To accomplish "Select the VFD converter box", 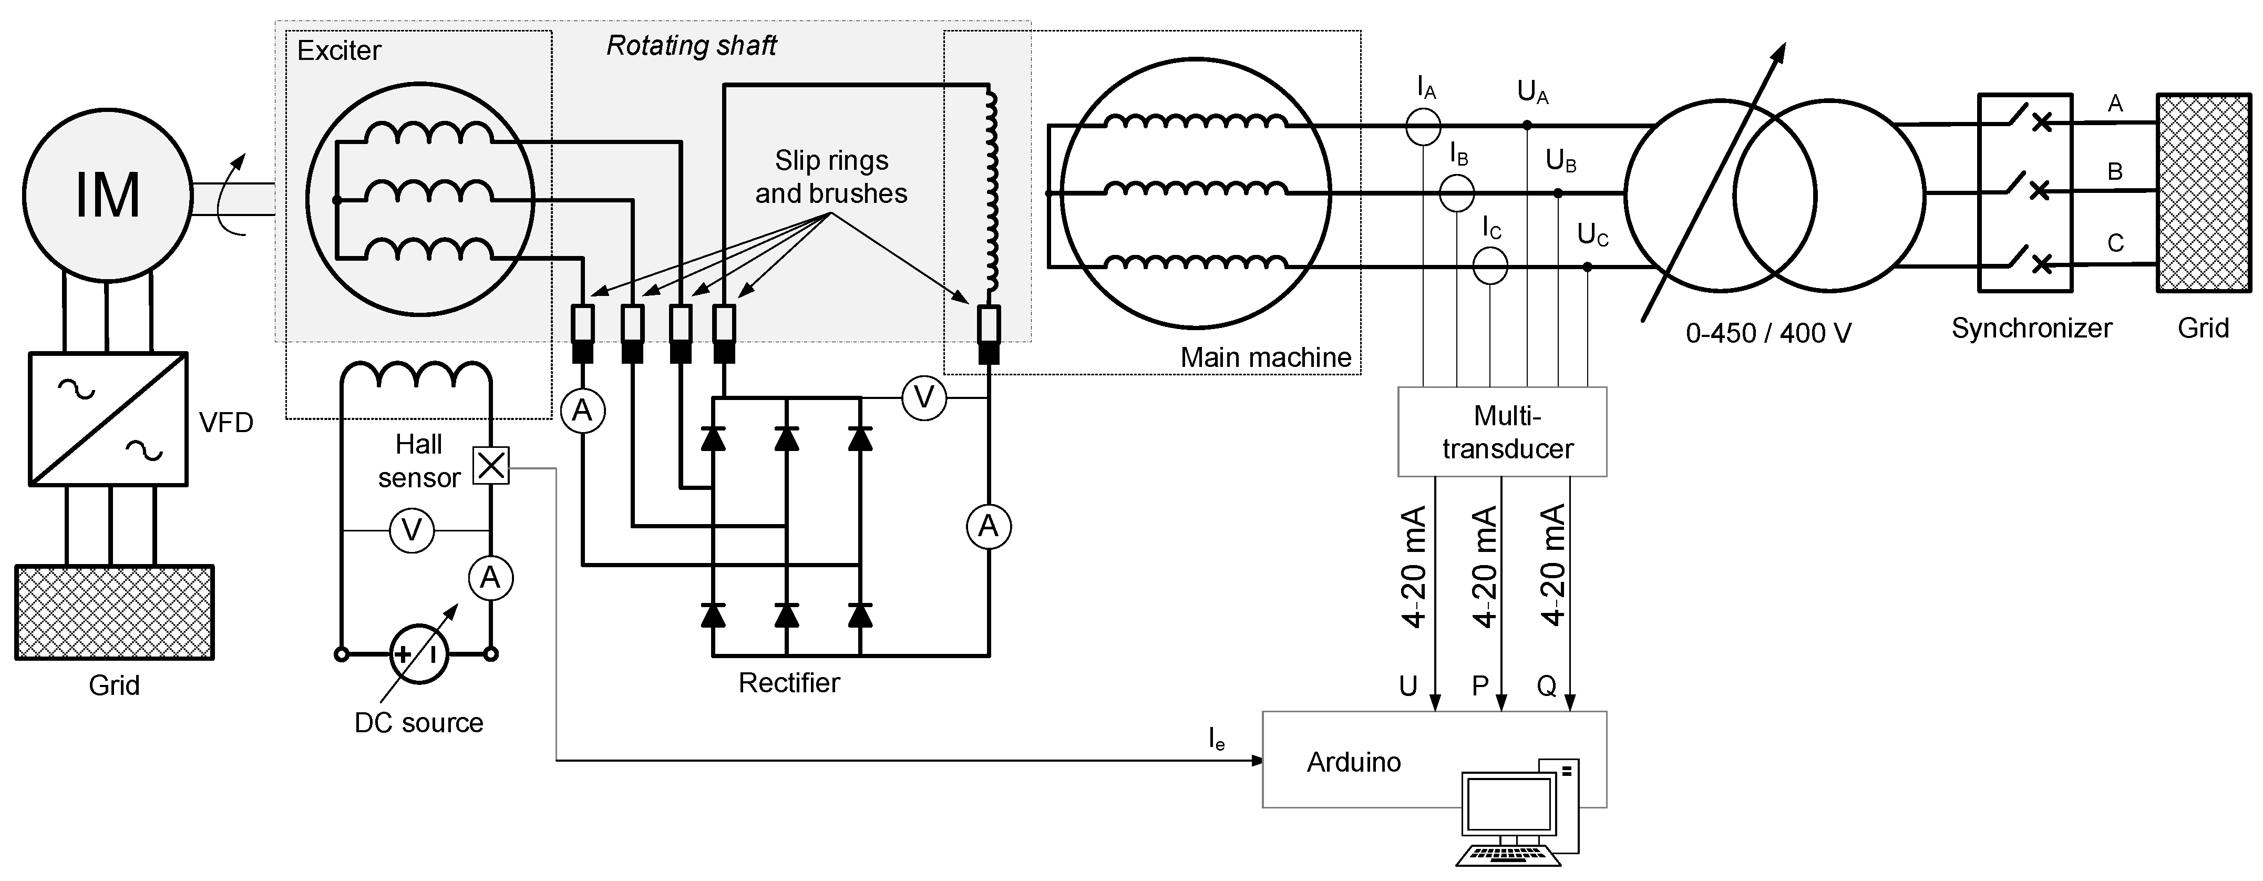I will (x=108, y=419).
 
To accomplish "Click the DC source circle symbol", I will (x=418, y=653).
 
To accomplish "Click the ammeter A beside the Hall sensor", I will (x=490, y=578).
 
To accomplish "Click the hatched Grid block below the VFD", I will (x=114, y=612).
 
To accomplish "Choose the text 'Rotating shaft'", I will (x=692, y=46).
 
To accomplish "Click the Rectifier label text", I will (x=789, y=682).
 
